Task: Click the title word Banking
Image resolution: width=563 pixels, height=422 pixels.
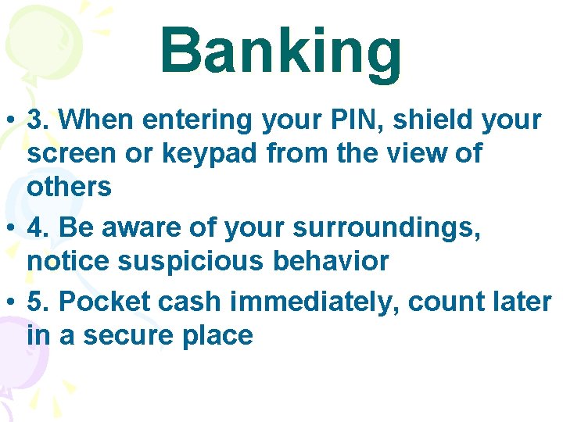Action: pos(281,51)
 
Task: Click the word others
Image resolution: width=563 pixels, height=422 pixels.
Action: pos(70,188)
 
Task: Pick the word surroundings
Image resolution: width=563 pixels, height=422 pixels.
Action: pos(387,228)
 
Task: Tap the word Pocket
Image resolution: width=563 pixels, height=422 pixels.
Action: pos(99,302)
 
